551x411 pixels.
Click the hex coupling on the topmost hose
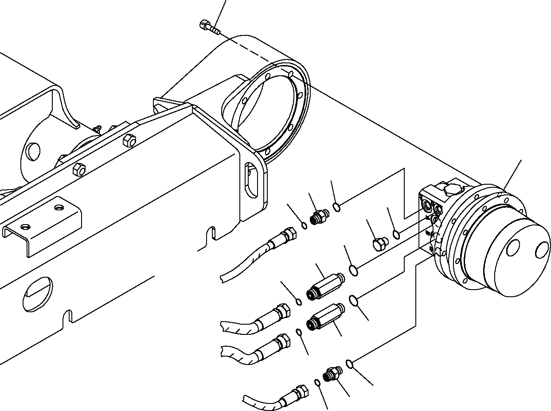tap(289, 233)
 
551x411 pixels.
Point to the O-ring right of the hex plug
tap(397, 234)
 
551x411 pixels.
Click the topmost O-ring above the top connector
tap(337, 206)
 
